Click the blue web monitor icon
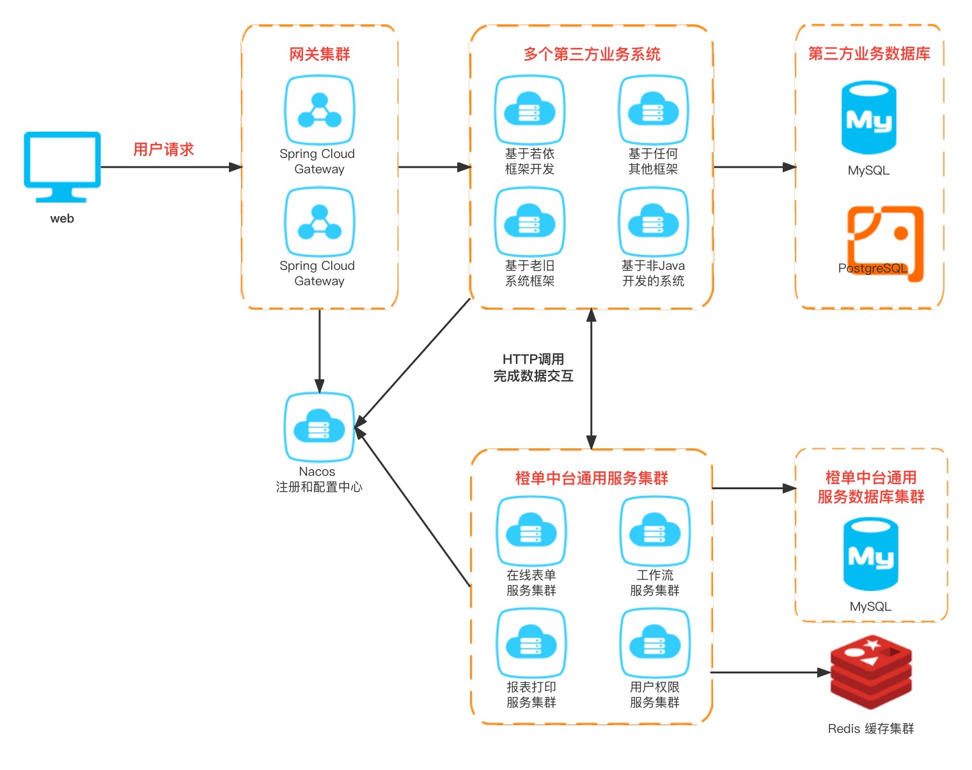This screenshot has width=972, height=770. point(62,166)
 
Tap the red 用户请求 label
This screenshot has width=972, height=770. point(163,150)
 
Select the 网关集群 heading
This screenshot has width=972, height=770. point(320,54)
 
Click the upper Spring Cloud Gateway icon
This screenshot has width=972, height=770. point(320,110)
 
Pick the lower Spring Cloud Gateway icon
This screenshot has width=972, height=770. point(320,222)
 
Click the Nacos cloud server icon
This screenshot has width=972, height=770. point(319,427)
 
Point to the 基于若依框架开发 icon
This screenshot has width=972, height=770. point(529,110)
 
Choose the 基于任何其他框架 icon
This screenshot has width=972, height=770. point(653,110)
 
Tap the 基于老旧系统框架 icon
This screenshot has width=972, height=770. point(529,222)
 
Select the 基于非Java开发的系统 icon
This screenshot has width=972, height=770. point(653,222)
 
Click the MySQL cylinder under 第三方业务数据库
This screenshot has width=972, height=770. point(868,118)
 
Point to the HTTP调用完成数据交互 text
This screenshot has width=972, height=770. point(533,368)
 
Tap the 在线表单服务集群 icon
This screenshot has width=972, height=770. point(531,531)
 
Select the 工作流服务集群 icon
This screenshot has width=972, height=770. point(655,531)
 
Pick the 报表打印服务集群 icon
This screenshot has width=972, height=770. point(531,643)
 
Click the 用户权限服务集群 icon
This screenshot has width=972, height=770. point(655,643)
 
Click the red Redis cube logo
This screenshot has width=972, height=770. point(871,672)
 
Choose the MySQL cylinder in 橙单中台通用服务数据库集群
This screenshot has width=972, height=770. point(870,555)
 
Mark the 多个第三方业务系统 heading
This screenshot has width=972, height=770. point(592,54)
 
